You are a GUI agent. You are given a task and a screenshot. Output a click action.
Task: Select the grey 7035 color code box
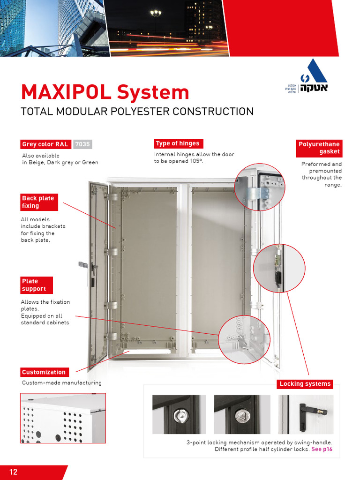point(82,144)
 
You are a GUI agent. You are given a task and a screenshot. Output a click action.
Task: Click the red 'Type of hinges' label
point(178,144)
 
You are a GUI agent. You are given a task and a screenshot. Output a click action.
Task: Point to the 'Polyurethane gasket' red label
point(319,148)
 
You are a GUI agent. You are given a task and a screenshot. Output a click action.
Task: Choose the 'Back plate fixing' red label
point(38,202)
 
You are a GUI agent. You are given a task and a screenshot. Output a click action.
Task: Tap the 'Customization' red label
point(44,372)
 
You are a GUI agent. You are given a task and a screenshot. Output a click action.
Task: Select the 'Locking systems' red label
point(305,384)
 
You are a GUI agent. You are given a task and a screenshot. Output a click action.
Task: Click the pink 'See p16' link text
point(322,450)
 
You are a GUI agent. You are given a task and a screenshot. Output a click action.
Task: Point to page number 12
point(13,472)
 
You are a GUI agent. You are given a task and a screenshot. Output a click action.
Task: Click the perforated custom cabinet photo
point(63,418)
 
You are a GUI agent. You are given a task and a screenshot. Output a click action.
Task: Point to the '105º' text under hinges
point(196,161)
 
